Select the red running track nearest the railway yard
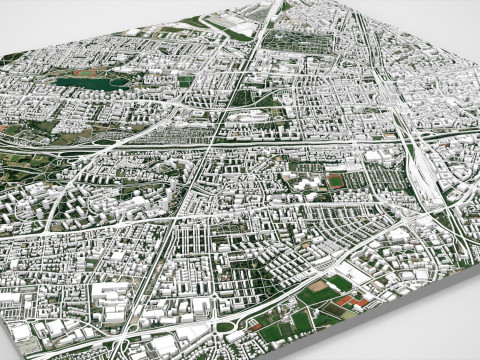pos(335,182)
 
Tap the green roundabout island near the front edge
pos(225,326)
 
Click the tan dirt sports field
pos(318,296)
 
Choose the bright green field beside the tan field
pos(340,284)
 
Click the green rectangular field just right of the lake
pos(185,80)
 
